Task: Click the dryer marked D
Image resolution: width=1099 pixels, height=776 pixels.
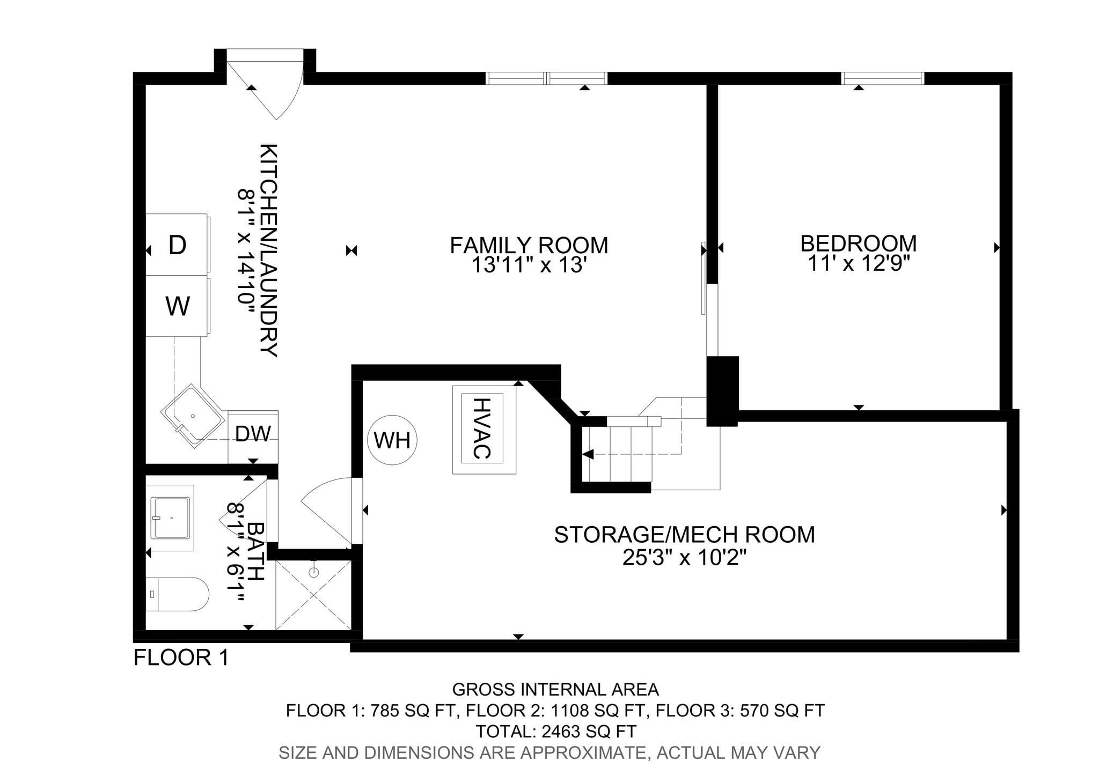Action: click(x=178, y=245)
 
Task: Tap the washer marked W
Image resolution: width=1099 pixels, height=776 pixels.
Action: click(x=178, y=306)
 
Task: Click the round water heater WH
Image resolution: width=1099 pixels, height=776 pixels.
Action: click(x=392, y=440)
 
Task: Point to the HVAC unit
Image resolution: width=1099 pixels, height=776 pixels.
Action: click(x=484, y=429)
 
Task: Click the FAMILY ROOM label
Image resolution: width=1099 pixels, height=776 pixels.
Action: click(x=529, y=245)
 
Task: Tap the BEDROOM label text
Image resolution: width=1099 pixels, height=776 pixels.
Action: click(x=859, y=243)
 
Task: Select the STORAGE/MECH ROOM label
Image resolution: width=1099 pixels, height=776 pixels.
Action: click(x=685, y=535)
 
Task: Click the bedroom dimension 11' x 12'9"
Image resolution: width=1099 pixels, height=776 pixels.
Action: click(x=859, y=263)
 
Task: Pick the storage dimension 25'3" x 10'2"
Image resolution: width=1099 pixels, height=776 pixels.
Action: click(x=685, y=558)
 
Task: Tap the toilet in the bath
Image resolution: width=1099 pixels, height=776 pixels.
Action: click(x=177, y=594)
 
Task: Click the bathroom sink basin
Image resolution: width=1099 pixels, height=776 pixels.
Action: click(x=171, y=518)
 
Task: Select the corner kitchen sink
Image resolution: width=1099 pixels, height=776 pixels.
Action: click(x=193, y=415)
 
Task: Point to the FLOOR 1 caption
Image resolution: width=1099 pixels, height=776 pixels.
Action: click(x=181, y=657)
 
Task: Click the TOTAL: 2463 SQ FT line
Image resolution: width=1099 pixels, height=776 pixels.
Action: click(x=556, y=731)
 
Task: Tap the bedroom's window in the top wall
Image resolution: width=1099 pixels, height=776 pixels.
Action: click(x=883, y=78)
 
